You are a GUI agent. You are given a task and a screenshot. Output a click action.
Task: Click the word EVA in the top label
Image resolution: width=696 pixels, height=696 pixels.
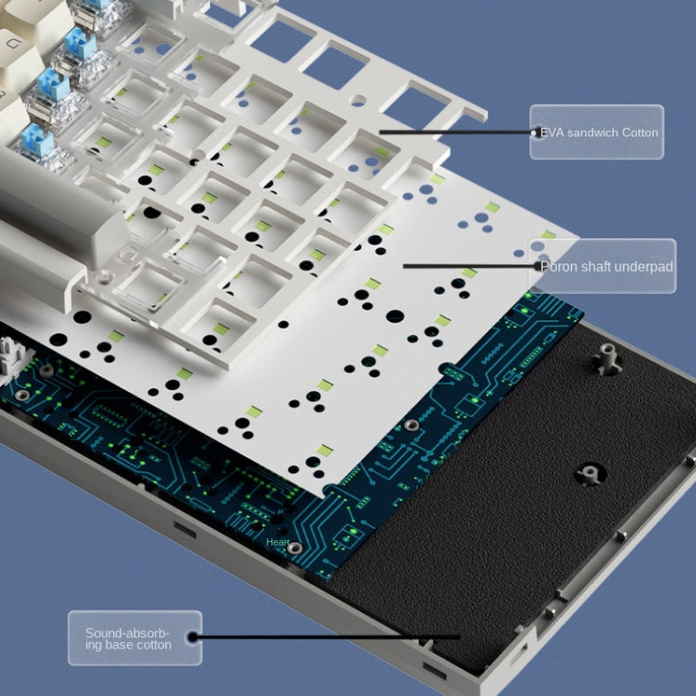[x=552, y=133]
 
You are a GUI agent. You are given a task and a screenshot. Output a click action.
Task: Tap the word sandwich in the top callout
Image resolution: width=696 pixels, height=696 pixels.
[x=595, y=133]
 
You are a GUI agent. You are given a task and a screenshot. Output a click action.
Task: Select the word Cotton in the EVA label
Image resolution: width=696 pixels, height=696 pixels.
[x=640, y=133]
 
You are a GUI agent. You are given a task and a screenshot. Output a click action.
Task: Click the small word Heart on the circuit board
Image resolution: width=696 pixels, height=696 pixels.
[x=277, y=542]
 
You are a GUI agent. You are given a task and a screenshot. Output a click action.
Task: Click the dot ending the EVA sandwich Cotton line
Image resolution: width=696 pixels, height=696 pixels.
[x=533, y=133]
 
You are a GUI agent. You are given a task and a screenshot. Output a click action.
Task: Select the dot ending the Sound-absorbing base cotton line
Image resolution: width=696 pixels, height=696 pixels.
[x=194, y=637]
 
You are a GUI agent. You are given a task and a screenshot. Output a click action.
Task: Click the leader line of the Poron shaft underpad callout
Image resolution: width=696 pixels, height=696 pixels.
[x=464, y=266]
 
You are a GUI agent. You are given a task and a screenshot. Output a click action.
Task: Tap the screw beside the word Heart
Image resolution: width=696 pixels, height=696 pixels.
[x=295, y=548]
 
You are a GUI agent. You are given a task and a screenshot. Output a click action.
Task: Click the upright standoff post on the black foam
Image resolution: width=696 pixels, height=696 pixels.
[x=610, y=357]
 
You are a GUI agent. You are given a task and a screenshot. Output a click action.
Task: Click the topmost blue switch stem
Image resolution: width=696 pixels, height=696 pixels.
[x=83, y=41]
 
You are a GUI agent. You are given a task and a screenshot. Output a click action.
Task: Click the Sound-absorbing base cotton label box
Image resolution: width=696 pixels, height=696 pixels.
[x=135, y=638]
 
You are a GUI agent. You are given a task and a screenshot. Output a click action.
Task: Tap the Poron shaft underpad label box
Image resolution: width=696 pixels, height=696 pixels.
[x=601, y=266]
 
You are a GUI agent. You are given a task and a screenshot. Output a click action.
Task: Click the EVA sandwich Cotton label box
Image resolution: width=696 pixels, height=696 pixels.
[x=597, y=133]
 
